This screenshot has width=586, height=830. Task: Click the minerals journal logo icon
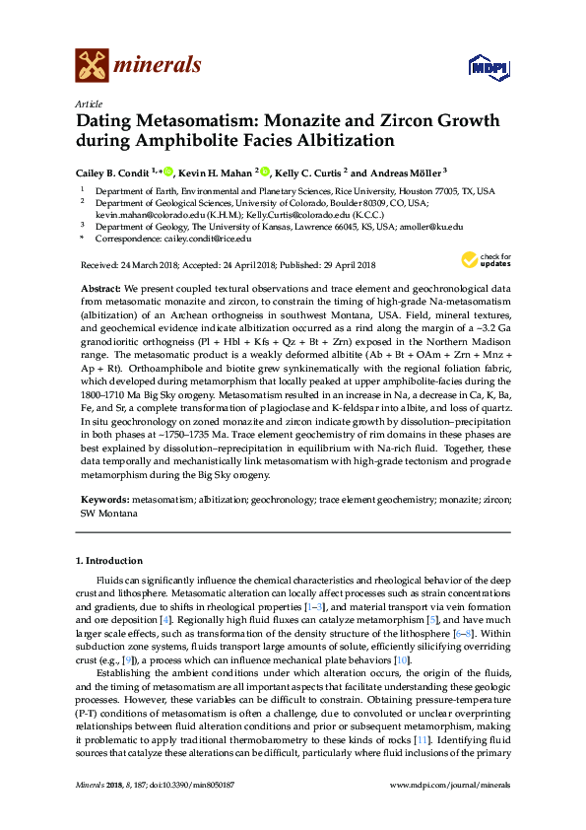pyautogui.click(x=93, y=65)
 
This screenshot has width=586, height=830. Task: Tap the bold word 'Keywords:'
pyautogui.click(x=103, y=501)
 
